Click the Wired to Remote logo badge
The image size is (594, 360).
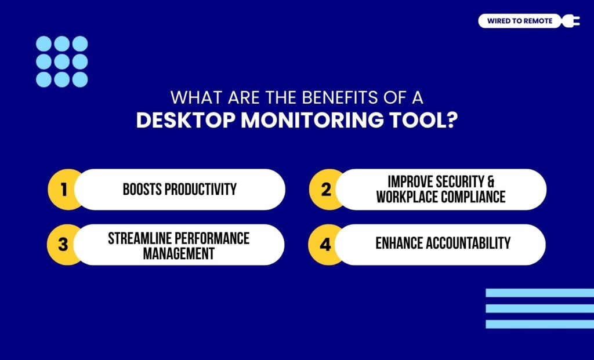[x=520, y=21]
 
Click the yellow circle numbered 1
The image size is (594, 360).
[x=64, y=190]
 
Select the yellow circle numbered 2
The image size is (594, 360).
[x=325, y=190]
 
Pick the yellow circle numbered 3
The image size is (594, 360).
[x=63, y=245]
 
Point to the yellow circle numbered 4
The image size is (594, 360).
[x=325, y=245]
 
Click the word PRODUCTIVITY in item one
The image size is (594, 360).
[x=201, y=190]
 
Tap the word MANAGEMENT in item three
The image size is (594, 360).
[x=179, y=253]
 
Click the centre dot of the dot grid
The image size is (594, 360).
[x=62, y=61]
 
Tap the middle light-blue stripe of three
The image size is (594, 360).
[x=539, y=308]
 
